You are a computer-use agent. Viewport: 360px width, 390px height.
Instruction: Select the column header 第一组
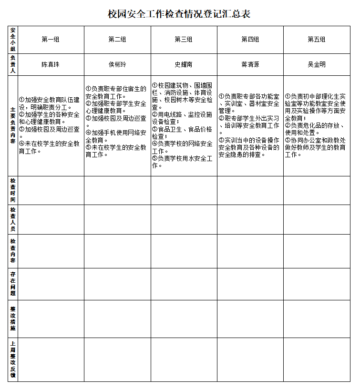tap(51, 40)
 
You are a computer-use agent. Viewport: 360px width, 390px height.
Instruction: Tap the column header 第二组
tap(117, 40)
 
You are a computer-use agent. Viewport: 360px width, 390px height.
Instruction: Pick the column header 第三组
tap(184, 40)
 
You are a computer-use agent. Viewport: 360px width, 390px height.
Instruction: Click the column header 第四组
tap(250, 40)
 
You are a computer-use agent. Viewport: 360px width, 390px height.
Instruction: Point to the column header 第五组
tap(317, 40)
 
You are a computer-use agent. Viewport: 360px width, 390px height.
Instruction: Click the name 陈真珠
tap(51, 64)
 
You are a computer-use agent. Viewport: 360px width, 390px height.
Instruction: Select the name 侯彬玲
tap(117, 64)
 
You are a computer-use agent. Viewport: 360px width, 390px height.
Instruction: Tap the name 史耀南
tap(184, 64)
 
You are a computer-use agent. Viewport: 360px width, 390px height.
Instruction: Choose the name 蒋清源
tap(250, 64)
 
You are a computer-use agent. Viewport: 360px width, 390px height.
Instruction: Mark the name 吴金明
tap(317, 64)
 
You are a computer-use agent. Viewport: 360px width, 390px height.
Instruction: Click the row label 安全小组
tap(13, 40)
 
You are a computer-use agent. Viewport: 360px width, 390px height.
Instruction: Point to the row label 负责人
tap(13, 64)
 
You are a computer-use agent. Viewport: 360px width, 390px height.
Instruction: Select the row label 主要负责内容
tap(13, 125)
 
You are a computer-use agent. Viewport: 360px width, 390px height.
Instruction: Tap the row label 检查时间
tap(13, 190)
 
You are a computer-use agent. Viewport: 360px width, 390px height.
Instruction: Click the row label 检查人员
tap(13, 219)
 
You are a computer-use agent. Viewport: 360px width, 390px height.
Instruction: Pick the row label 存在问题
tap(13, 284)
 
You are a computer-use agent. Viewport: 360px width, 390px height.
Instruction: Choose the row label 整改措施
tap(13, 318)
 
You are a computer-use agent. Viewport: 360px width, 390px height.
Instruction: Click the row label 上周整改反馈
tap(13, 359)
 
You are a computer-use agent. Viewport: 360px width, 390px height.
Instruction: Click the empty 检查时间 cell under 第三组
tap(184, 190)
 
